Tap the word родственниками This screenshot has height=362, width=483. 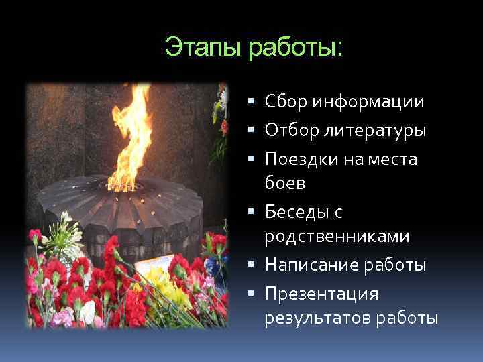pyautogui.click(x=338, y=237)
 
